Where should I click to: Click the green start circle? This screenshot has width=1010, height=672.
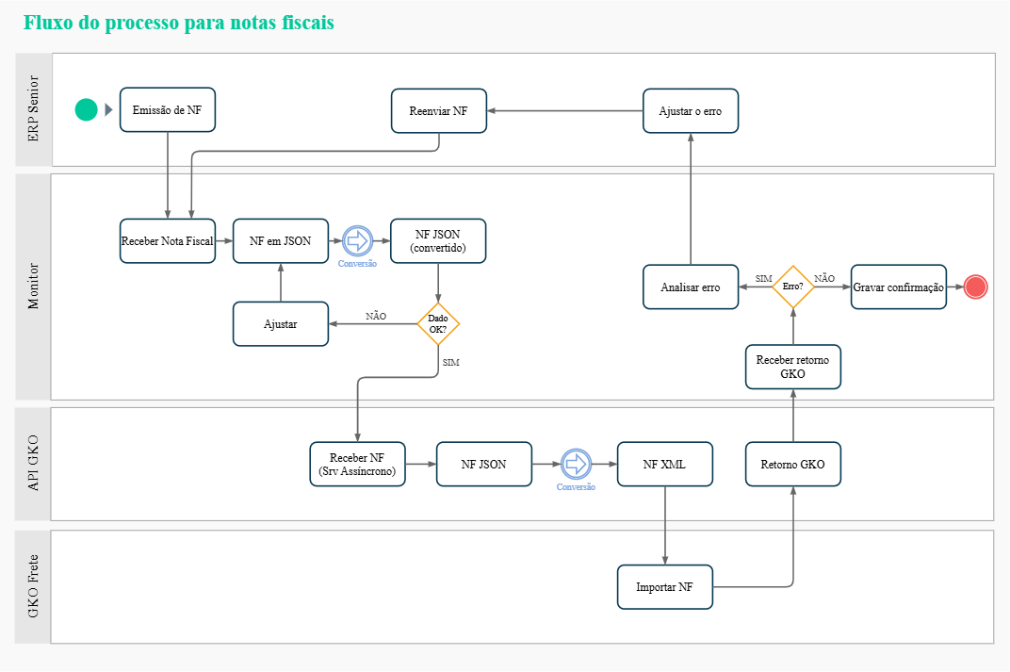click(87, 110)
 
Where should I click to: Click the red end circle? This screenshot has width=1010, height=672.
click(975, 287)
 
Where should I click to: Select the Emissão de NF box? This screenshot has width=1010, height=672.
click(168, 110)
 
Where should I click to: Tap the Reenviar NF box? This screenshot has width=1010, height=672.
click(438, 110)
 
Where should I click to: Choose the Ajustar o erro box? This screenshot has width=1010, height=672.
click(691, 110)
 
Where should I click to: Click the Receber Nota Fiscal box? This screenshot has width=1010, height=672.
click(168, 241)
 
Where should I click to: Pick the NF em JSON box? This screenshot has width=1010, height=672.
click(281, 241)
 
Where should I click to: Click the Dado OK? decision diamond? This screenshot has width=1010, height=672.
click(438, 323)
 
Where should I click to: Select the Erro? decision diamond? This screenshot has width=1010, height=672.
click(793, 287)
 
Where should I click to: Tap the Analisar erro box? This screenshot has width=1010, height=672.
click(691, 287)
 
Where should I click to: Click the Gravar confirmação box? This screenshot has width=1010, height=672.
click(899, 287)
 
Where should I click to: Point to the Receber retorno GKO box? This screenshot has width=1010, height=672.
click(793, 367)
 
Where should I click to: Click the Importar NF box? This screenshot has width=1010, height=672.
click(665, 587)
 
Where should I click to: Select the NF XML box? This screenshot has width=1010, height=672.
click(665, 464)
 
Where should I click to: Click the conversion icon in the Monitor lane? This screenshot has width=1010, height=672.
click(357, 241)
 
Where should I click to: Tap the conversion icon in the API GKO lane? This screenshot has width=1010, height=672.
click(576, 464)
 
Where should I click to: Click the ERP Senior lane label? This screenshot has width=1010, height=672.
click(33, 110)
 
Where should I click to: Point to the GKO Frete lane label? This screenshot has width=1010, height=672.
click(33, 587)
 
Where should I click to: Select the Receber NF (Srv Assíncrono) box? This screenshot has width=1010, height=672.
click(358, 464)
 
